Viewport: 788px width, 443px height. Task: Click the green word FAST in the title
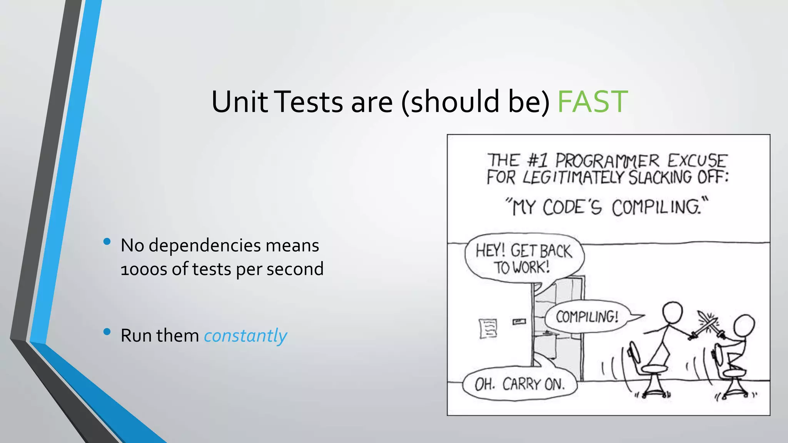click(593, 102)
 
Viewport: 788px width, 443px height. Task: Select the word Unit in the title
click(239, 102)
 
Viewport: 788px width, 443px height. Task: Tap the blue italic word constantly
click(245, 336)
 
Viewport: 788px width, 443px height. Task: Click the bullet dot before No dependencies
click(107, 241)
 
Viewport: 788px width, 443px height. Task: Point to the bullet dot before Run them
click(107, 331)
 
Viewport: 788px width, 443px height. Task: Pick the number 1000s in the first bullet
click(144, 269)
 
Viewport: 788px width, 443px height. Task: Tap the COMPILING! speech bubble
click(587, 317)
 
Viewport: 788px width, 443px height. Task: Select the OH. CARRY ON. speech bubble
click(520, 384)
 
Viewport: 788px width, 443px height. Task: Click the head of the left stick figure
click(672, 312)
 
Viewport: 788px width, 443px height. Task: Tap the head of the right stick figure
click(744, 325)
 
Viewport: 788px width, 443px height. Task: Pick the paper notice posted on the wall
click(488, 328)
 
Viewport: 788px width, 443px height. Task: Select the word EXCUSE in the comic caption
click(697, 161)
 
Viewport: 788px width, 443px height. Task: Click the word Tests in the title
click(309, 102)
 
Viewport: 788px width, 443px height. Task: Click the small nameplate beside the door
click(519, 321)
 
